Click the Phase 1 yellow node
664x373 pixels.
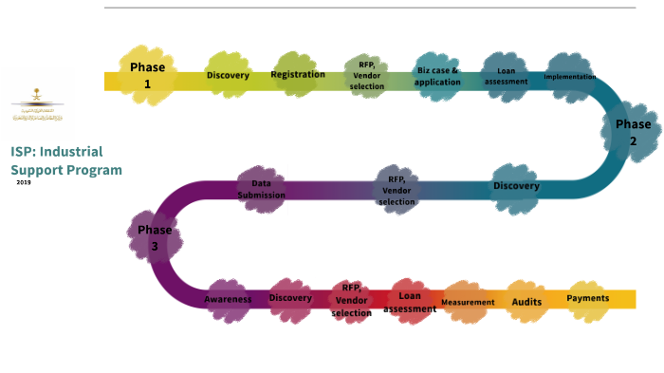[148, 74]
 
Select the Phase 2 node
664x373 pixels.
[633, 132]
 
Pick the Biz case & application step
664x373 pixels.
[438, 76]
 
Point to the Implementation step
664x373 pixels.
[570, 77]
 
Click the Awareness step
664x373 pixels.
[228, 299]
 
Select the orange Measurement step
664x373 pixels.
[467, 302]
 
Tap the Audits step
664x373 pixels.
[526, 301]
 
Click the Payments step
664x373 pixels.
[588, 298]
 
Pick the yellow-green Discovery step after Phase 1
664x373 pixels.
[228, 75]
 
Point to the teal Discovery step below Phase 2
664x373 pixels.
[516, 186]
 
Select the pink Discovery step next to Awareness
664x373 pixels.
[290, 299]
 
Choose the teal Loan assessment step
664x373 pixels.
[507, 76]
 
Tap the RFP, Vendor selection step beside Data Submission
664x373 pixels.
[397, 188]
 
